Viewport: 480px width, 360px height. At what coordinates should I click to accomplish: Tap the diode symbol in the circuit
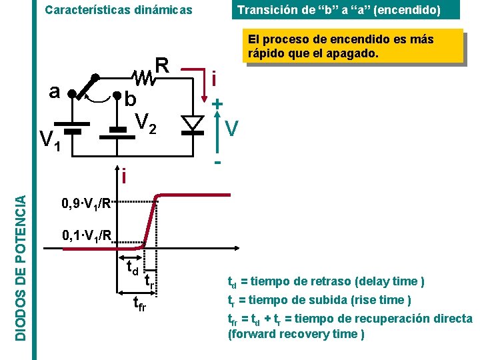pos(193,123)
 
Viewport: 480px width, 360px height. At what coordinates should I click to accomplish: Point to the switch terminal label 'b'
pos(131,100)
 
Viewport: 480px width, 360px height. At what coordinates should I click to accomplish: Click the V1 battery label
pos(49,140)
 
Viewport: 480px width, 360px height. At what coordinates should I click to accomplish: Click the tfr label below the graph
pos(139,305)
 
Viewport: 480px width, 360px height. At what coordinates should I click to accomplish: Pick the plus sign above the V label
pos(217,105)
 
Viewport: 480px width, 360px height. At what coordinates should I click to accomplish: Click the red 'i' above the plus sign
pos(213,79)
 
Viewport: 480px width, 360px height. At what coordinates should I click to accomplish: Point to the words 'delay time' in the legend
pos(391,281)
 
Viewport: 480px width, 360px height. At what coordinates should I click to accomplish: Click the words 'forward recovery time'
pos(296,333)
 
